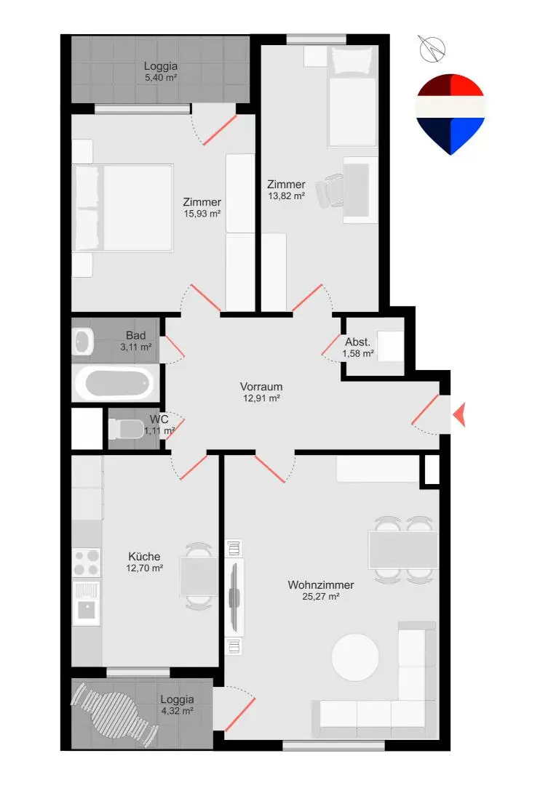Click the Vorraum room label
coord(261,387)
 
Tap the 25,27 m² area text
coord(321,596)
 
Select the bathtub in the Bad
coord(116,383)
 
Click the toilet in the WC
coord(127,429)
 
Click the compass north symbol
coord(432,49)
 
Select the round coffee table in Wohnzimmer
coord(355,657)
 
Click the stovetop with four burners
coord(86,563)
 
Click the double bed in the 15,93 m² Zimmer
coord(123,207)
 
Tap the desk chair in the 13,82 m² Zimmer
coord(330,190)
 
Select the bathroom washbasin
coord(83,342)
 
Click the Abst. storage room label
coord(357,342)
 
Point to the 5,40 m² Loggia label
coord(160,71)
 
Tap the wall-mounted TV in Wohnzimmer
coord(234,597)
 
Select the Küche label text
coord(144,556)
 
